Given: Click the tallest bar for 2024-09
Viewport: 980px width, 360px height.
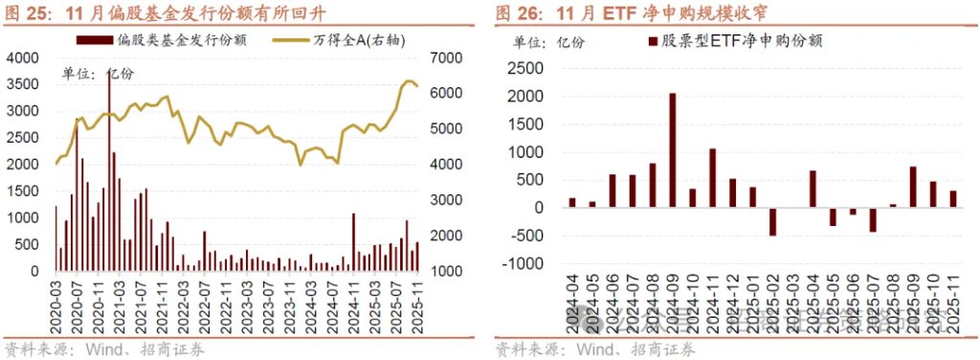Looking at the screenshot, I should click(673, 150).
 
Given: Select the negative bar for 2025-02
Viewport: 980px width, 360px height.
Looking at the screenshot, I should click(772, 221).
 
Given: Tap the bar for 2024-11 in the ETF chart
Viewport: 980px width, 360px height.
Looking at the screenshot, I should click(713, 178).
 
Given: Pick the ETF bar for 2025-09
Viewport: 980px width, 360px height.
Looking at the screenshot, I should click(913, 187).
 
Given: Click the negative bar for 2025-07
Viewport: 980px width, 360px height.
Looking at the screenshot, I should click(873, 219).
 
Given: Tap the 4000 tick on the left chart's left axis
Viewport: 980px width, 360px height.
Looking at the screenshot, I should click(21, 57).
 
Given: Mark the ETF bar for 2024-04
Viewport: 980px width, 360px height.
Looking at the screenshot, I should click(572, 202).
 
